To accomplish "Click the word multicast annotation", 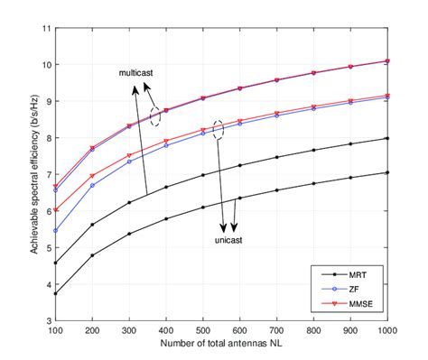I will click(136, 71).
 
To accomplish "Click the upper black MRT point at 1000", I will click(387, 138).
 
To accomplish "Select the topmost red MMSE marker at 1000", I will click(387, 61).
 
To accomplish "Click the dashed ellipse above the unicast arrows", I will click(218, 129).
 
